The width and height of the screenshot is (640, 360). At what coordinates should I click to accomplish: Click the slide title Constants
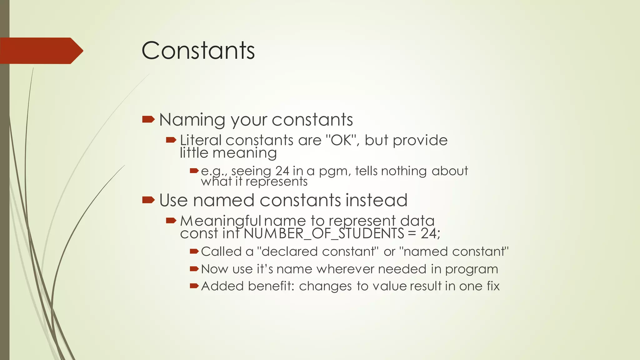pyautogui.click(x=198, y=51)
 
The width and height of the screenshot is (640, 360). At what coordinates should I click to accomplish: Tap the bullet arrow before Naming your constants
pyautogui.click(x=148, y=119)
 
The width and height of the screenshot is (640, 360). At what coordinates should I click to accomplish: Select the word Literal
pyautogui.click(x=201, y=140)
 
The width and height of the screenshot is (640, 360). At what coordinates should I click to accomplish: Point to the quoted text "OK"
pyautogui.click(x=340, y=140)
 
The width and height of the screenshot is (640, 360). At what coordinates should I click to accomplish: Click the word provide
pyautogui.click(x=420, y=141)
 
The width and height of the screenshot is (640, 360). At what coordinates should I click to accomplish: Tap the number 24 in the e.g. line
pyautogui.click(x=282, y=171)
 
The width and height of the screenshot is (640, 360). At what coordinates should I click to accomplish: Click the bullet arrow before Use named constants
pyautogui.click(x=148, y=200)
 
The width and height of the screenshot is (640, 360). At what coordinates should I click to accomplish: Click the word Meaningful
pyautogui.click(x=221, y=221)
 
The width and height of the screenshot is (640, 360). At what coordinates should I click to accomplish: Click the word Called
pyautogui.click(x=222, y=252)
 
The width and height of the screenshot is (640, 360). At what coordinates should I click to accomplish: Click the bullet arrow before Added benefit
pyautogui.click(x=194, y=286)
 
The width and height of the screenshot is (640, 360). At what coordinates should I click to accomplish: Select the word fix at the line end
pyautogui.click(x=493, y=286)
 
